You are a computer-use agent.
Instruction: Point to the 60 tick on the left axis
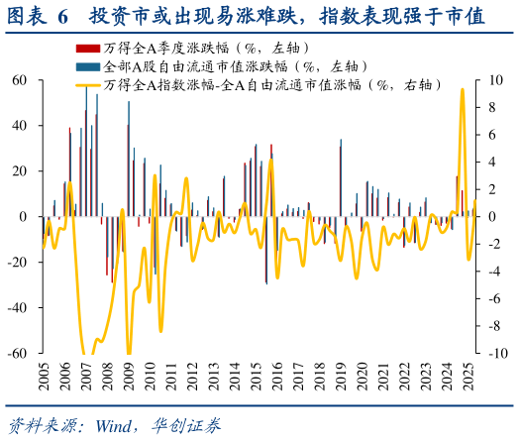click(18, 79)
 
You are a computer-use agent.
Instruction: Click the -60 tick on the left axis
click(16, 354)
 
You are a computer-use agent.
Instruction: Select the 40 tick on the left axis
click(18, 125)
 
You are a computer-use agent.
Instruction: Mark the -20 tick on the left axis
click(16, 262)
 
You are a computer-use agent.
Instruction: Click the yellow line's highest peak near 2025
click(462, 89)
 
